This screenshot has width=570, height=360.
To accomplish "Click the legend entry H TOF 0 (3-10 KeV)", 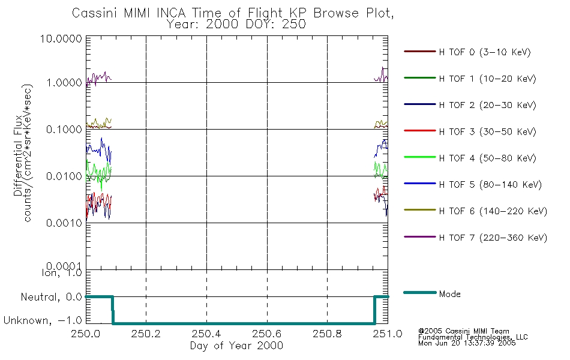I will point(485,52).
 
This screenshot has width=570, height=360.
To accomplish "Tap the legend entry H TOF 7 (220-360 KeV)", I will point(493,238).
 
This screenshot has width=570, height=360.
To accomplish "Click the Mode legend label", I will point(449,294).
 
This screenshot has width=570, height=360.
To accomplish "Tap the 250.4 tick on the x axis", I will point(206,334).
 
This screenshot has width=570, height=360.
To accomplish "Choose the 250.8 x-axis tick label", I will point(327,334).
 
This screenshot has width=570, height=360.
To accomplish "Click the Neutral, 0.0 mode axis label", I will point(51,297).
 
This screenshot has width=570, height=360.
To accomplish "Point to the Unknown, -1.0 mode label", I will point(43,320).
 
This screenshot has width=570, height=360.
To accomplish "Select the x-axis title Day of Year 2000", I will point(236,346).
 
